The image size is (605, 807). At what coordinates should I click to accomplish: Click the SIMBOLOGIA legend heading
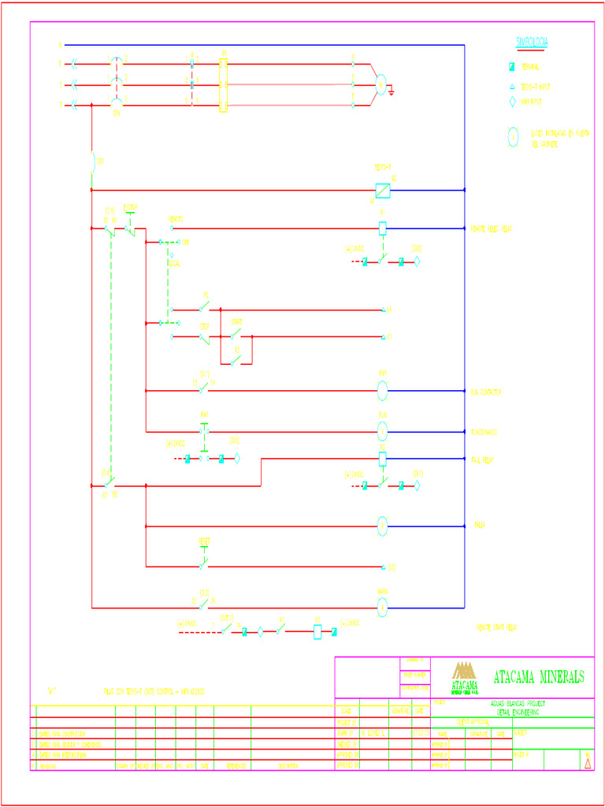tap(532, 41)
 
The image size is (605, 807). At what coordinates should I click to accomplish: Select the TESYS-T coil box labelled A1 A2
tap(382, 190)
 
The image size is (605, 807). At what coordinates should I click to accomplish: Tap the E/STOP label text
tap(131, 207)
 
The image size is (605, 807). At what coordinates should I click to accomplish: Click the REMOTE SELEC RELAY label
tap(492, 229)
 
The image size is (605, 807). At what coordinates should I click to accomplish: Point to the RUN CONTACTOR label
tap(487, 392)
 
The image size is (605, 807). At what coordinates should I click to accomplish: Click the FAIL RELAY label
tap(481, 459)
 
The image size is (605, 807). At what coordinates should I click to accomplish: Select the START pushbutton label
tap(236, 322)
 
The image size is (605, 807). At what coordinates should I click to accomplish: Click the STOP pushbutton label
tap(204, 325)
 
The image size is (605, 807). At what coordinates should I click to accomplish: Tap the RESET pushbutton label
tap(203, 541)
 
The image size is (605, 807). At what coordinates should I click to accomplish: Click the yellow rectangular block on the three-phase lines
tap(223, 85)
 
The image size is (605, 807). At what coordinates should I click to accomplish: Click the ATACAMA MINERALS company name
tap(539, 677)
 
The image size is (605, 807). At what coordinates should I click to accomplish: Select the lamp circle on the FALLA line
tap(382, 526)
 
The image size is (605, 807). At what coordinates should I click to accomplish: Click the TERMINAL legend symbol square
tap(512, 68)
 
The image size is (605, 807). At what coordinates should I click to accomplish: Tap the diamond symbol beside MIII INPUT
tap(512, 102)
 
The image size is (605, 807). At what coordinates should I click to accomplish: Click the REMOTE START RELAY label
tap(496, 627)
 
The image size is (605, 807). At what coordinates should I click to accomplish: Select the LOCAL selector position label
tap(173, 263)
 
